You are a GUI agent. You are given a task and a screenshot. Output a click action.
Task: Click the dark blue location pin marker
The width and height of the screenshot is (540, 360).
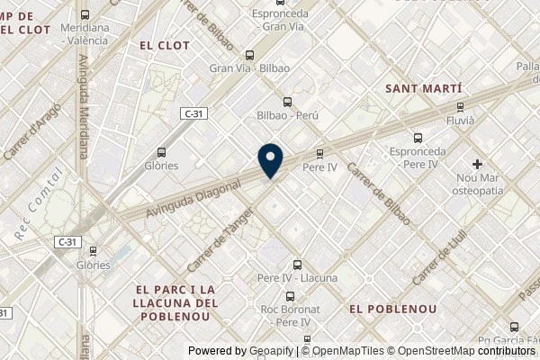[270, 160]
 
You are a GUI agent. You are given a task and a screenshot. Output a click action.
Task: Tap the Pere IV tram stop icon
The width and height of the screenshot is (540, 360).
[319, 153]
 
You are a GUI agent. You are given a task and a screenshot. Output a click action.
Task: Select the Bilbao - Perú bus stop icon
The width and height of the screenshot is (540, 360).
[287, 102]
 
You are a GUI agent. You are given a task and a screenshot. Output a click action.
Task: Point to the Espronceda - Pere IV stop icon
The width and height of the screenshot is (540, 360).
[417, 139]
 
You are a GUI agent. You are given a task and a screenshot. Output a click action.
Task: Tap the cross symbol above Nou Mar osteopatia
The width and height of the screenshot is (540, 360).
[477, 164]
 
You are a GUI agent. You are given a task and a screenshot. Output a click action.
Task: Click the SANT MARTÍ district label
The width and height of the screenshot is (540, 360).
[423, 89]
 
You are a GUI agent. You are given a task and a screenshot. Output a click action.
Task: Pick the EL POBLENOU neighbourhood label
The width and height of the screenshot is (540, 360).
[392, 309]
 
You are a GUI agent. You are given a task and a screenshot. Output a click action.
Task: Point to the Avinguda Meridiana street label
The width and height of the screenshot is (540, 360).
[84, 106]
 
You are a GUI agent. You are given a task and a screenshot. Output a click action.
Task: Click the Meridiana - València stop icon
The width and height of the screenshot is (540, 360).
[85, 14]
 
